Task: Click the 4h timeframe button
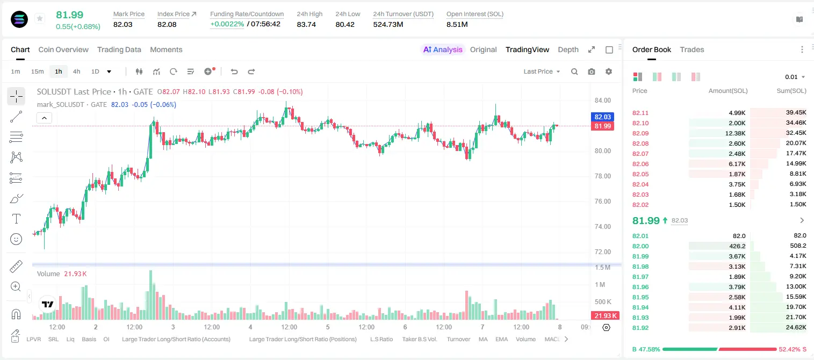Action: [x=76, y=71]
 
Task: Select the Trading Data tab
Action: [x=119, y=49]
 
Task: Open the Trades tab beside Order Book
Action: [x=691, y=49]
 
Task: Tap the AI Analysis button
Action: [x=443, y=49]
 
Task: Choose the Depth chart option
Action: [x=568, y=49]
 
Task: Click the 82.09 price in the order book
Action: [x=640, y=133]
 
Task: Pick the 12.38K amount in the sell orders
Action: [x=735, y=133]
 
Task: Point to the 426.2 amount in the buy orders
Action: [x=737, y=246]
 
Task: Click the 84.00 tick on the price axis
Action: [x=602, y=100]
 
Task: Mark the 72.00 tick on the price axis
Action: [x=602, y=252]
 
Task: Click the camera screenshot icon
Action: [x=591, y=71]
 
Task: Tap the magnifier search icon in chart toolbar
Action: [x=574, y=71]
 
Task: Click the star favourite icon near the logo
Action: [x=40, y=18]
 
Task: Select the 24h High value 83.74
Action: [x=306, y=24]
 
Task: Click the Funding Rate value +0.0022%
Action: [x=227, y=24]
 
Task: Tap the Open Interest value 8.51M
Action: [x=457, y=24]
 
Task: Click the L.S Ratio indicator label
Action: [x=381, y=339]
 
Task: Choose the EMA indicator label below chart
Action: [x=501, y=339]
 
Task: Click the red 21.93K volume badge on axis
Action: [x=606, y=316]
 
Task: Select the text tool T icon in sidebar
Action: [x=16, y=219]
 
